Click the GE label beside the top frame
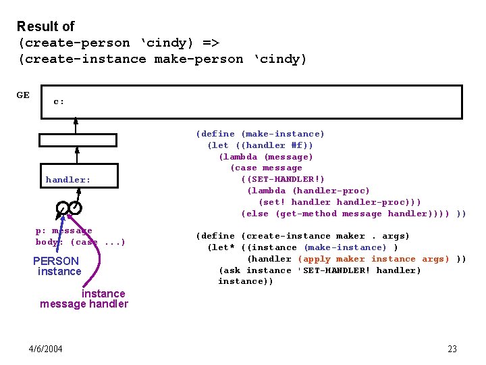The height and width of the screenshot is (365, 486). point(23,95)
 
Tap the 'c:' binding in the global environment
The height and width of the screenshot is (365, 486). point(59,102)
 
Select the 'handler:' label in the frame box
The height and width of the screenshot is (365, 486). point(68,180)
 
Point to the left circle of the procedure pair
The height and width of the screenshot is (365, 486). point(62,207)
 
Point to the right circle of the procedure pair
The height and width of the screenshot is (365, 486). point(76,207)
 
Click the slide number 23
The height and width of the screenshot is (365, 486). point(452,349)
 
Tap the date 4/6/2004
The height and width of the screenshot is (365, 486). point(46,349)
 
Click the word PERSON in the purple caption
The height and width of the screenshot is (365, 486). point(56,261)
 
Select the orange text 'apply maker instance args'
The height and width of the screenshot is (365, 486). point(373,259)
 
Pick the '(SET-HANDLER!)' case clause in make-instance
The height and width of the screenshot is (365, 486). point(283,179)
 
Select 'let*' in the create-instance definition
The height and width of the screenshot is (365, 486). point(222,247)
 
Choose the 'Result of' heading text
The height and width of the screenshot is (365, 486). point(45,26)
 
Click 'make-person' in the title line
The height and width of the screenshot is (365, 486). point(198,59)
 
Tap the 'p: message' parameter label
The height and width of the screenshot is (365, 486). point(64,230)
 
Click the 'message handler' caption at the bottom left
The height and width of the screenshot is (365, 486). point(84,304)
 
